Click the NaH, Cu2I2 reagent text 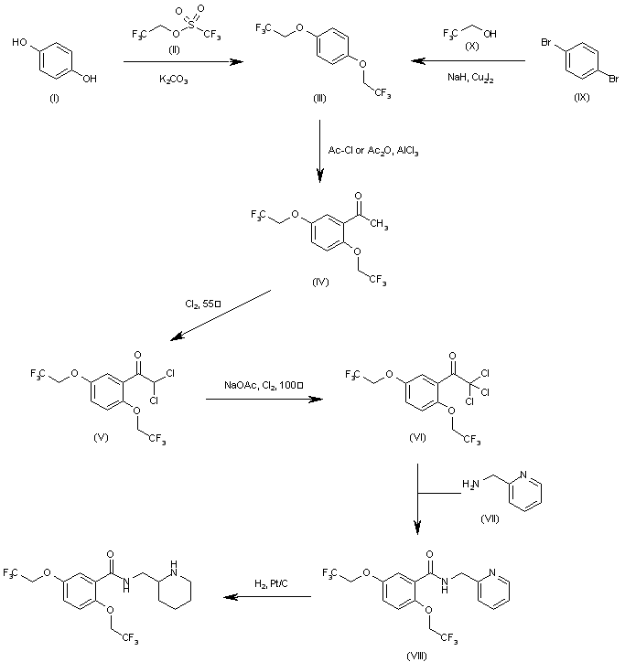pyautogui.click(x=464, y=80)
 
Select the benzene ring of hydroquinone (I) pyautogui.click(x=54, y=61)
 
